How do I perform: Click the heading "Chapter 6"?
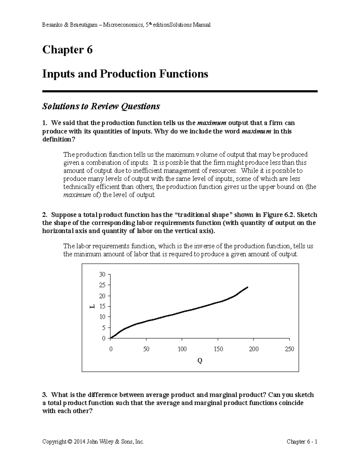click(67, 50)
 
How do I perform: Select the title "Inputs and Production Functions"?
click(125, 74)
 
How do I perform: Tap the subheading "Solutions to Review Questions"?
click(101, 106)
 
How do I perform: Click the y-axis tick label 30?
click(102, 275)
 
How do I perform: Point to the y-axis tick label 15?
click(102, 306)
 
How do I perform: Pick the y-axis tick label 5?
click(103, 328)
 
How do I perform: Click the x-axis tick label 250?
click(289, 349)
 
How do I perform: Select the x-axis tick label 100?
click(182, 349)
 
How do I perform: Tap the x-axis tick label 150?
click(218, 349)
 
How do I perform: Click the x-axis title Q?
click(199, 361)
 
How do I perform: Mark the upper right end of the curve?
click(247, 287)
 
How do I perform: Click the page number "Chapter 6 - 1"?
click(302, 441)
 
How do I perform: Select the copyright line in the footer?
click(93, 441)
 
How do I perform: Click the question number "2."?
click(45, 215)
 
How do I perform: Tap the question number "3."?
click(45, 395)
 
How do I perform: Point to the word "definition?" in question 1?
click(57, 140)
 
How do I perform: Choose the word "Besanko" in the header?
click(52, 25)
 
